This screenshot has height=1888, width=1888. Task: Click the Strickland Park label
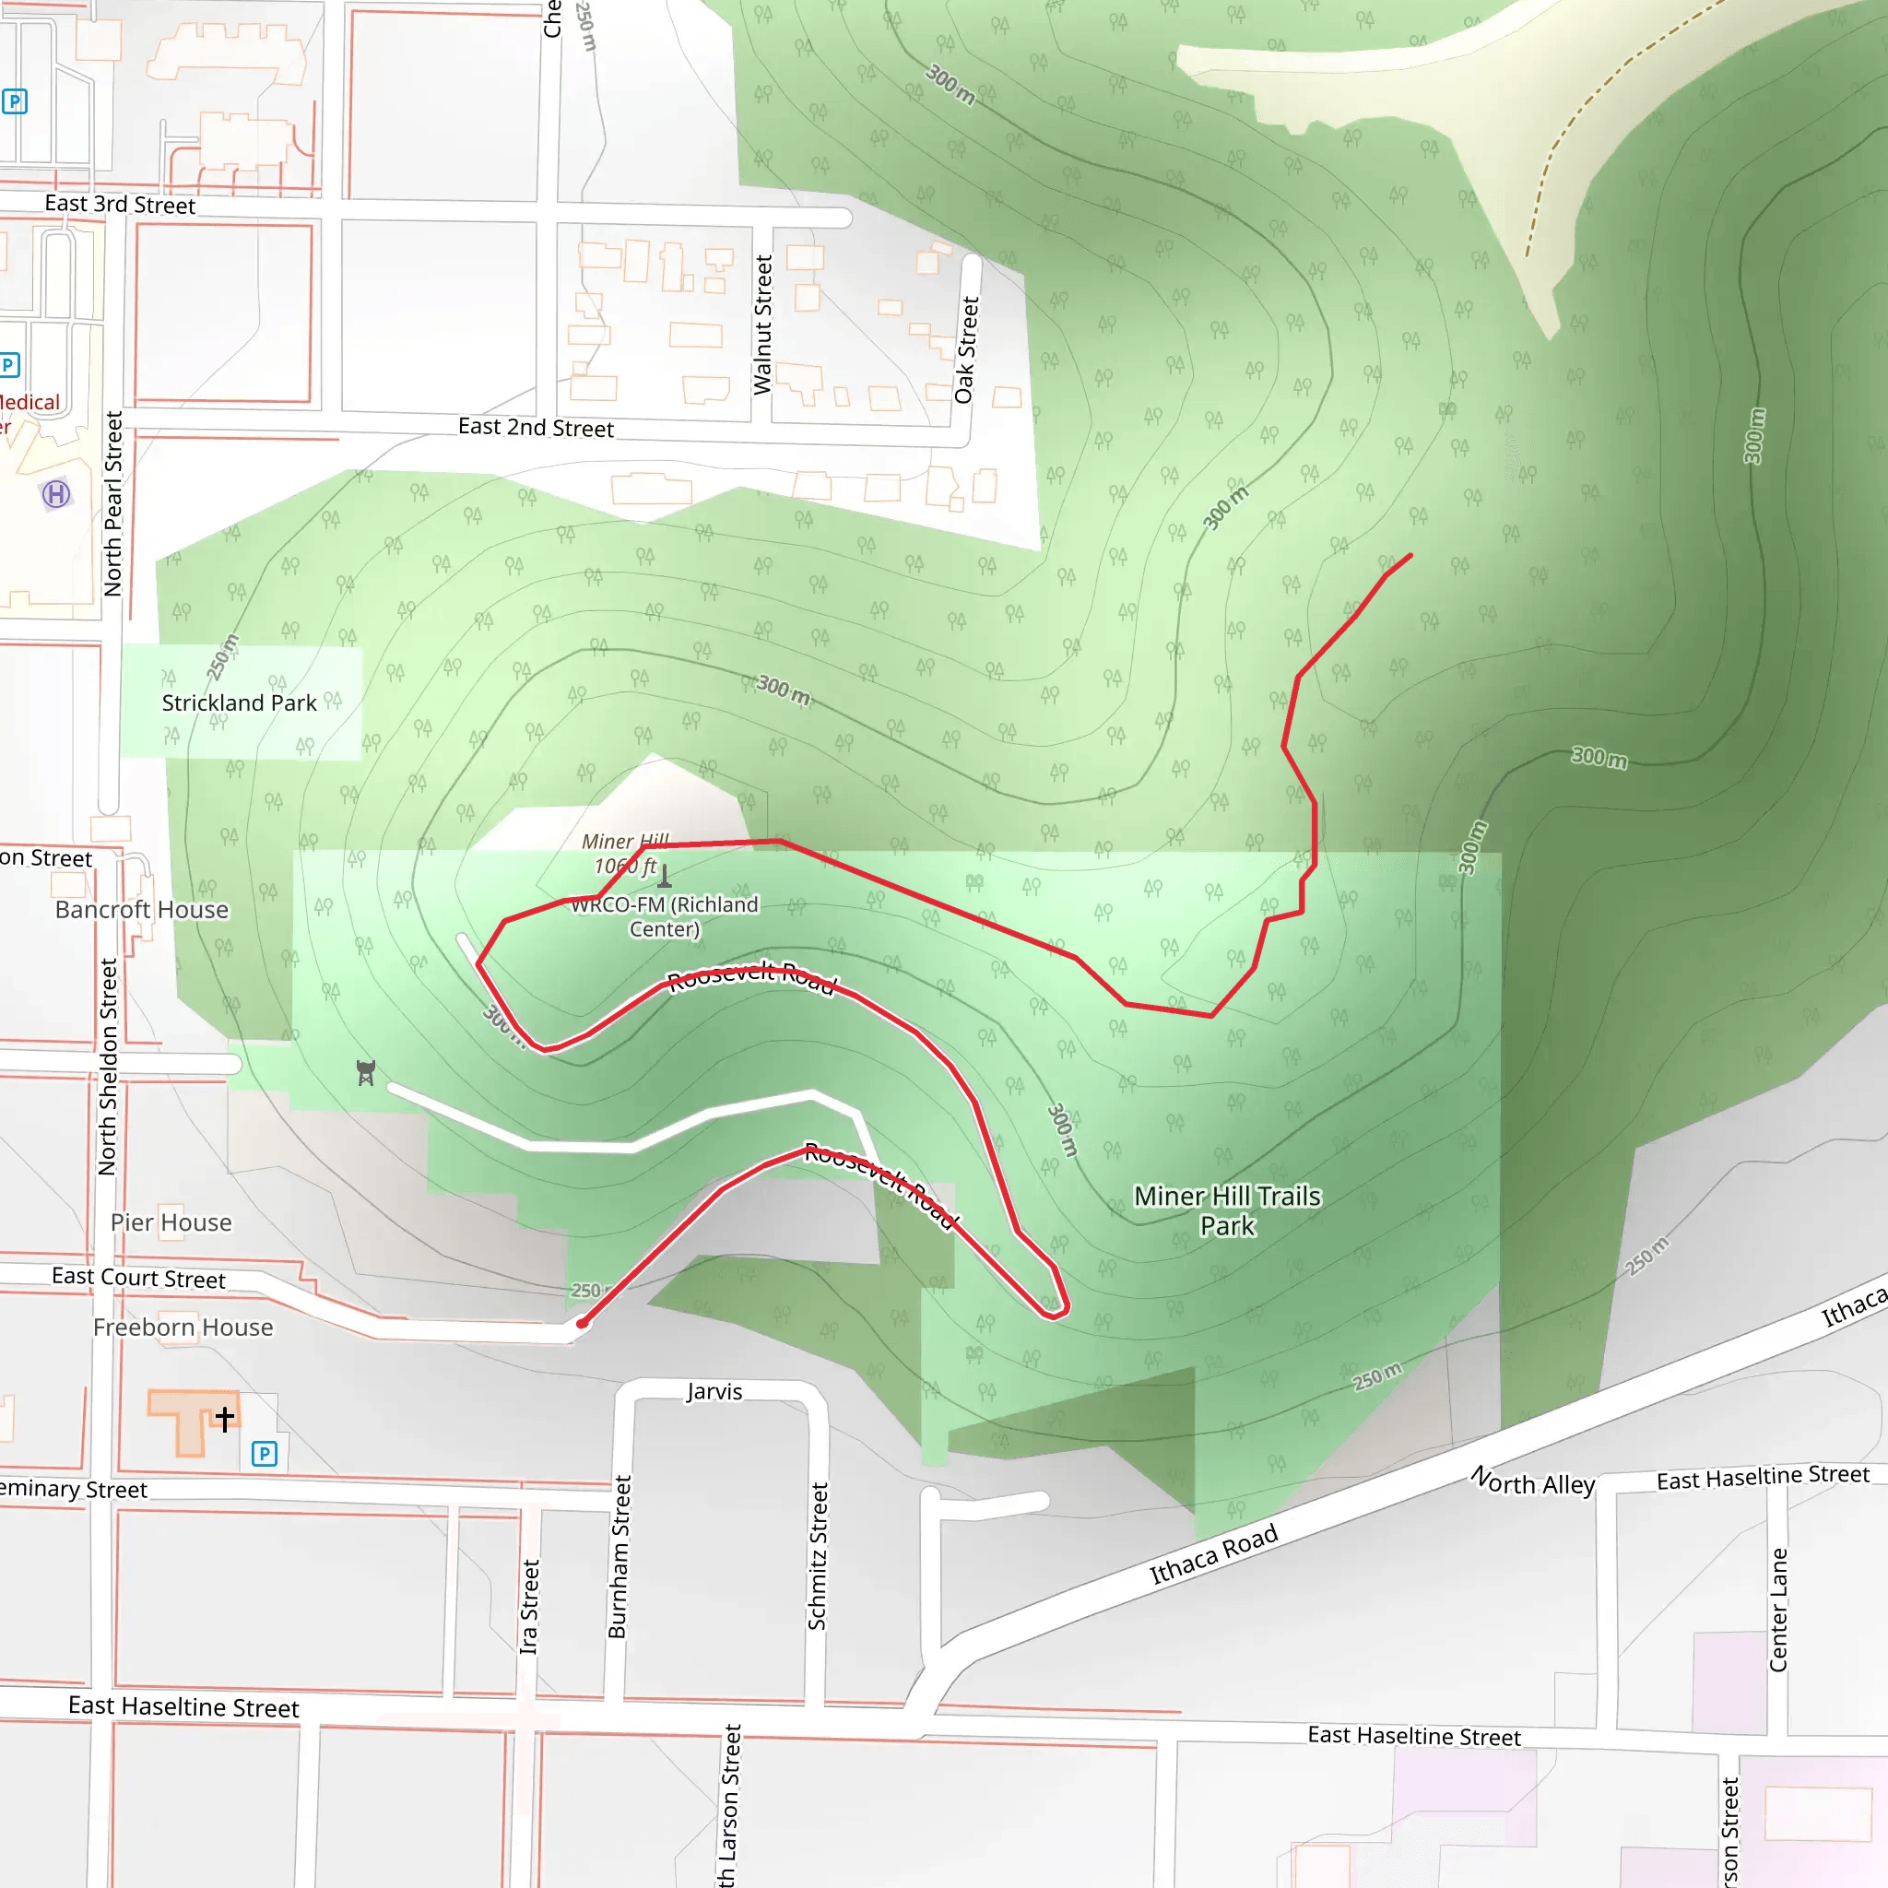(x=239, y=702)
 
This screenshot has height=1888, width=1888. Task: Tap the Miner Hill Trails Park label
(x=1226, y=1210)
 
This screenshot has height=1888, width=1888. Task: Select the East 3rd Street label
(x=119, y=205)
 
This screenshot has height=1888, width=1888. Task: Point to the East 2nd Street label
(x=536, y=427)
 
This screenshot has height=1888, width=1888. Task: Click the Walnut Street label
(x=762, y=324)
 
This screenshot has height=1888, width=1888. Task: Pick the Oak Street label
(x=965, y=349)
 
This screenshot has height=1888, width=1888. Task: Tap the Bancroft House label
(x=142, y=910)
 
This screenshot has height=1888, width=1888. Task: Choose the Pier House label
(x=171, y=1222)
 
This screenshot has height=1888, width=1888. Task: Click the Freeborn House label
(x=183, y=1327)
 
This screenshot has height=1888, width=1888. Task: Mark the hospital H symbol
(x=56, y=494)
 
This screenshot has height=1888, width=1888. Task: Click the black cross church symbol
(x=225, y=1418)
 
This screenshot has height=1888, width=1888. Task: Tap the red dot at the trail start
(x=583, y=1323)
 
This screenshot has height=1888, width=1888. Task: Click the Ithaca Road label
(x=1213, y=1553)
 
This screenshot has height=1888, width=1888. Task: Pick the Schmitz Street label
(x=818, y=1556)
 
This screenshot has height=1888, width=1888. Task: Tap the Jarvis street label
(x=714, y=1391)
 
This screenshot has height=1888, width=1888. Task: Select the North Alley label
(x=1532, y=1481)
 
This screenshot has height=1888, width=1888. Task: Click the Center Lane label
(x=1777, y=1610)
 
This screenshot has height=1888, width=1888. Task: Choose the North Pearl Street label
(x=113, y=503)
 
